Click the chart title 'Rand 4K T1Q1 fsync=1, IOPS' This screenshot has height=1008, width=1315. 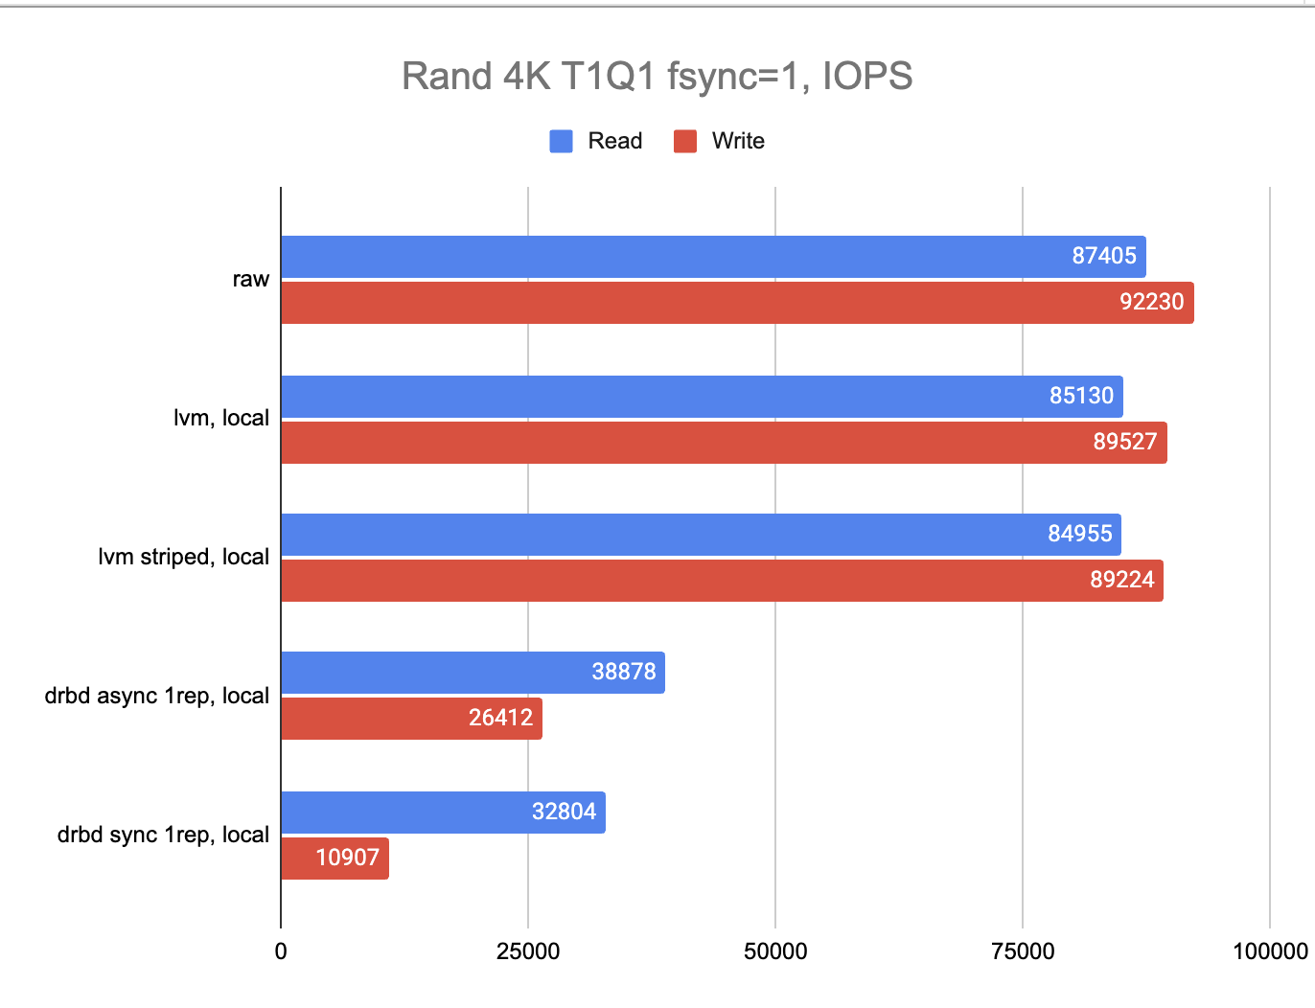pyautogui.click(x=657, y=77)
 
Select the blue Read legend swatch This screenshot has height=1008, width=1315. pyautogui.click(x=561, y=141)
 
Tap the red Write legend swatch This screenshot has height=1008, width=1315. pyautogui.click(x=684, y=141)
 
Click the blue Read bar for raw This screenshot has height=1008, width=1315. pyautogui.click(x=671, y=257)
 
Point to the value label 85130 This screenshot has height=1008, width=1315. pyautogui.click(x=1081, y=396)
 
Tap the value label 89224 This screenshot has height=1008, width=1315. pyautogui.click(x=1121, y=580)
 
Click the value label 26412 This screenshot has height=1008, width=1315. pyautogui.click(x=500, y=718)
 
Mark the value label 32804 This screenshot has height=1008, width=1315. pyautogui.click(x=564, y=812)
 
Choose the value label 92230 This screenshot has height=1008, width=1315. pyautogui.click(x=1151, y=302)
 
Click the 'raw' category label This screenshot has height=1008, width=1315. pyautogui.click(x=250, y=279)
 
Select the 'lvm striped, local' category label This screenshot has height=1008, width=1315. pyautogui.click(x=183, y=557)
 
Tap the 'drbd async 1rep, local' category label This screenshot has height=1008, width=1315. pyautogui.click(x=156, y=696)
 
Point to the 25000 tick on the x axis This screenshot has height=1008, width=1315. pyautogui.click(x=527, y=951)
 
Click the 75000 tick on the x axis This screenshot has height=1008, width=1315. pyautogui.click(x=1023, y=951)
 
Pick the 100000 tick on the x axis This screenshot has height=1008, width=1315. pyautogui.click(x=1269, y=951)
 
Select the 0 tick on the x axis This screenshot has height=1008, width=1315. pyautogui.click(x=281, y=951)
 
